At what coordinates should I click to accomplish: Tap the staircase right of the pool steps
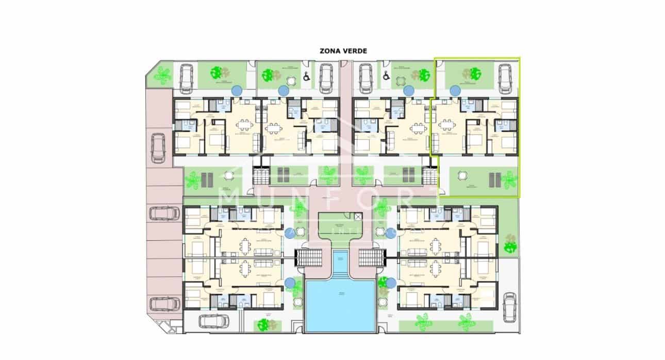point(369,257)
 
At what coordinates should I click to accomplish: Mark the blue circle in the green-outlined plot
point(455,91)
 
